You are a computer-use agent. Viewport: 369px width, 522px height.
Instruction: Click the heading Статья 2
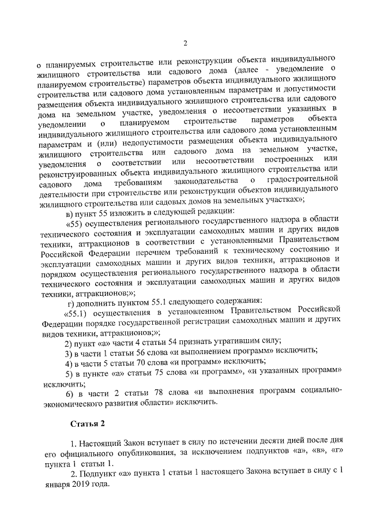(87, 424)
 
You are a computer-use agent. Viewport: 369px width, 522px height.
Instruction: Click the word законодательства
(197, 183)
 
